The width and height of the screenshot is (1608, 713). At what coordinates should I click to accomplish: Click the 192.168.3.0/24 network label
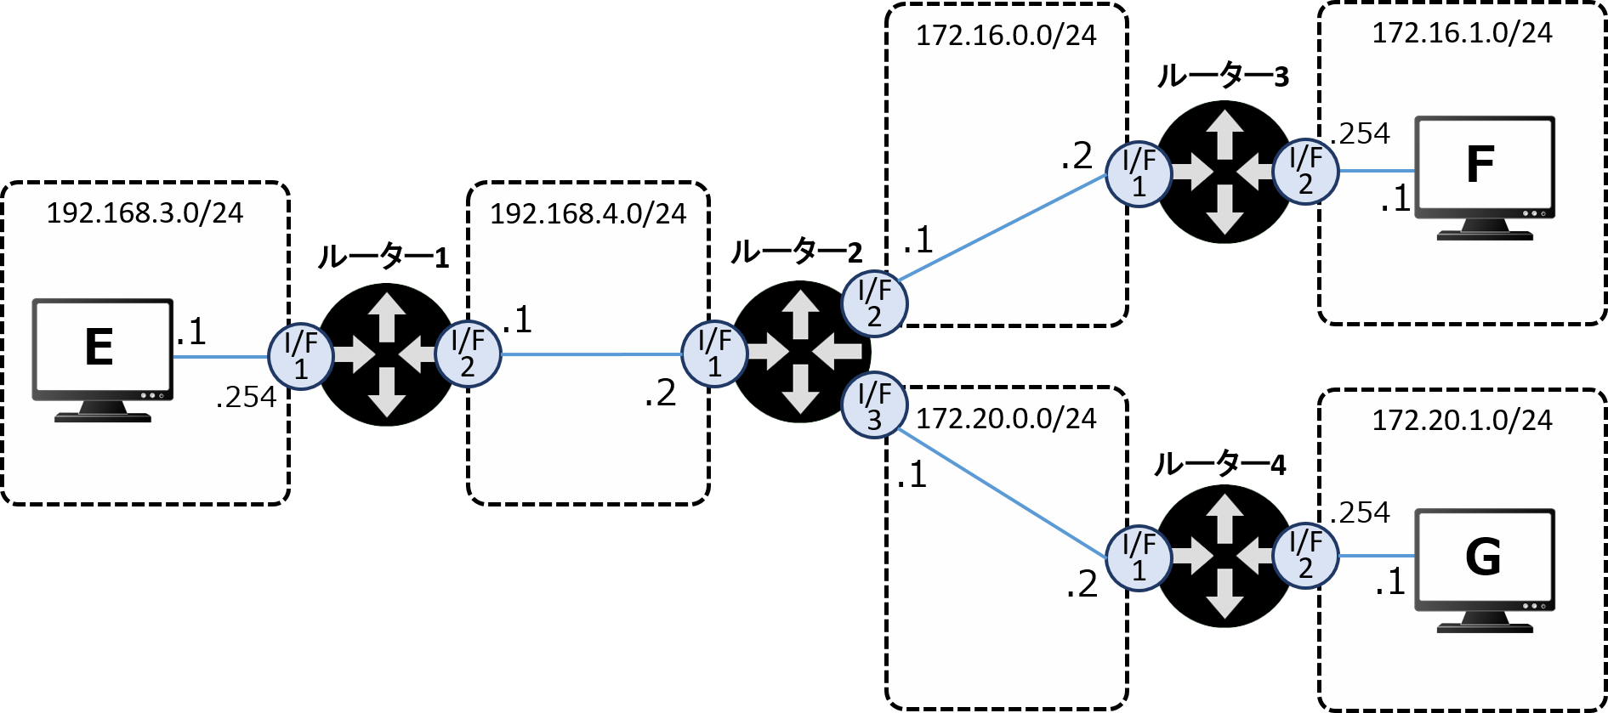click(145, 212)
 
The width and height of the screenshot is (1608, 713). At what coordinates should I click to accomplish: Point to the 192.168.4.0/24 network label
click(588, 213)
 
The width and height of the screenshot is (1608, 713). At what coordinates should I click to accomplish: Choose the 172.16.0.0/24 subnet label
click(1006, 36)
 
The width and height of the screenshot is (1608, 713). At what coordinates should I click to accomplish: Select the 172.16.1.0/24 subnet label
click(1462, 33)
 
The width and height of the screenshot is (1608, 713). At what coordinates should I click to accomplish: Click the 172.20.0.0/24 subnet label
click(1006, 419)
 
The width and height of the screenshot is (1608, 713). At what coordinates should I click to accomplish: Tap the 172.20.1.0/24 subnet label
click(1462, 421)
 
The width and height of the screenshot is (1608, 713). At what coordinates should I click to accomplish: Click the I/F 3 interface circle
click(874, 405)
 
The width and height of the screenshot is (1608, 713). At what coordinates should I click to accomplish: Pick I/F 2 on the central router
click(874, 303)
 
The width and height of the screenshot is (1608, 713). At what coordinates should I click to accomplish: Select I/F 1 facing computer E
click(300, 356)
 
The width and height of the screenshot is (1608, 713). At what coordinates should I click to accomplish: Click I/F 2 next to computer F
click(1305, 171)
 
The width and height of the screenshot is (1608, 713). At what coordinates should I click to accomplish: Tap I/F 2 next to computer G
click(1305, 555)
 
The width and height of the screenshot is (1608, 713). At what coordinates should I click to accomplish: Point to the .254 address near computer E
click(246, 397)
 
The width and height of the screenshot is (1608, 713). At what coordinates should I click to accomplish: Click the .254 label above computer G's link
click(1360, 512)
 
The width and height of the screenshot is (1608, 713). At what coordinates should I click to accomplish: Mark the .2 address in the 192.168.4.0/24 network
click(660, 393)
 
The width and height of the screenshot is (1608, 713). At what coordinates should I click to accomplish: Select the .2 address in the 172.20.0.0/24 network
click(1082, 585)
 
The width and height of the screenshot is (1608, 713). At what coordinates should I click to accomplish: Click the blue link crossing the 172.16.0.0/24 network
click(1003, 226)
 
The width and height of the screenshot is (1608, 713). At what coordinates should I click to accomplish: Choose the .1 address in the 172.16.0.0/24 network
click(918, 240)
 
